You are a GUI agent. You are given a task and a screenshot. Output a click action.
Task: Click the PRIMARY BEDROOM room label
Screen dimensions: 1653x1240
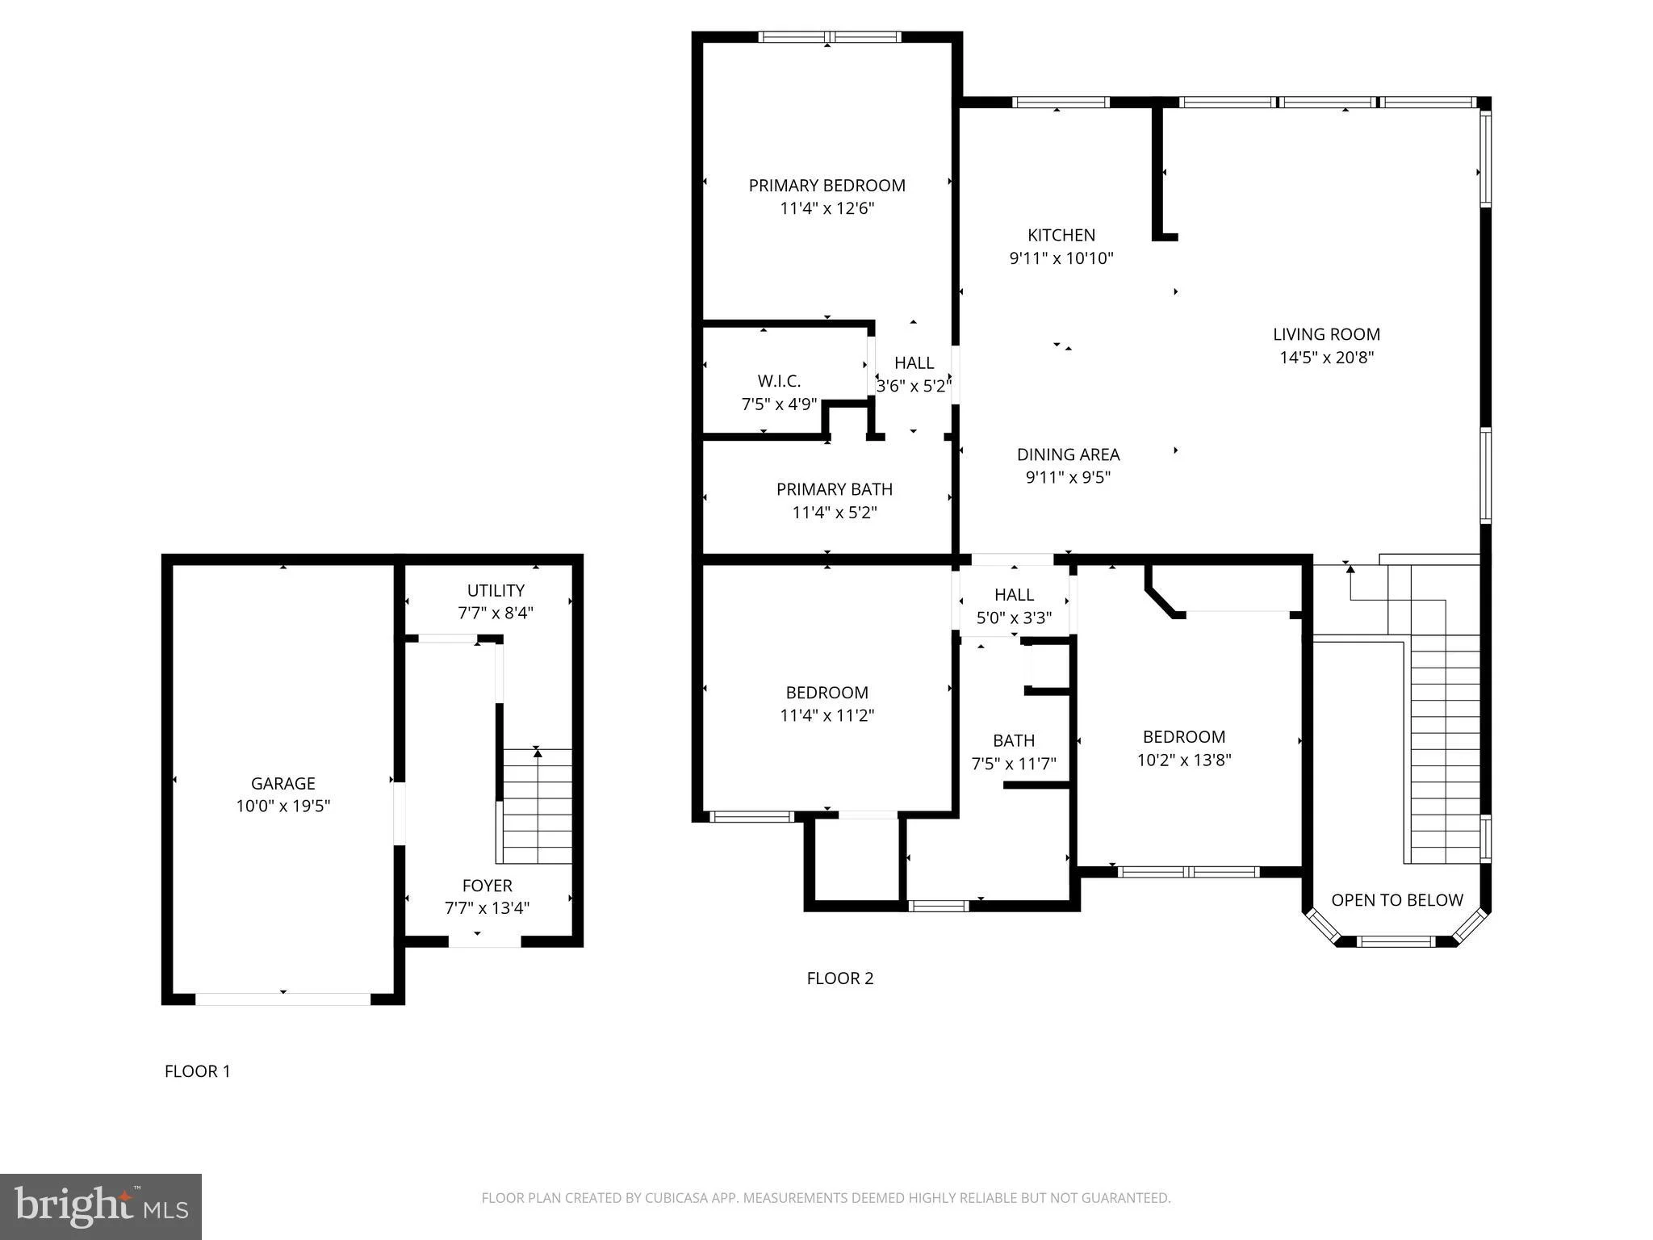[826, 186]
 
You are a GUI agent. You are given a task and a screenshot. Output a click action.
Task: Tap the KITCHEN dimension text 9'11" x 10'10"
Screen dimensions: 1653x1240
[1061, 258]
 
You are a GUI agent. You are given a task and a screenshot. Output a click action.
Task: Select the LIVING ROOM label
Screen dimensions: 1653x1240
[1326, 334]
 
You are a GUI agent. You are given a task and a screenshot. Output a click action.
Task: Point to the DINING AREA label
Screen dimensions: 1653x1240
[1068, 455]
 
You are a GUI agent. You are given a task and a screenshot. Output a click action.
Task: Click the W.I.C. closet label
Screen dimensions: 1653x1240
[779, 381]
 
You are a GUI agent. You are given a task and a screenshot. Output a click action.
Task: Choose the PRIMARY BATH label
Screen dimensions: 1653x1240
[834, 489]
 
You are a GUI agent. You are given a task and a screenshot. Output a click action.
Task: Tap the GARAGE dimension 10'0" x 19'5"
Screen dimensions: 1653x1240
[282, 806]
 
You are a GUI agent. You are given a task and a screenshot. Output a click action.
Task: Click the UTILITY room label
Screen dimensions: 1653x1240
[496, 590]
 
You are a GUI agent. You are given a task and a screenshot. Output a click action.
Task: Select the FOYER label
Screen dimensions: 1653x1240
[487, 885]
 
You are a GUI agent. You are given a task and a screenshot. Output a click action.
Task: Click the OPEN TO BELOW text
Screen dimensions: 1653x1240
[1396, 900]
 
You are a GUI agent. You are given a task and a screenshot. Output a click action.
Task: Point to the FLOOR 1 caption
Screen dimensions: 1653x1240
[197, 1071]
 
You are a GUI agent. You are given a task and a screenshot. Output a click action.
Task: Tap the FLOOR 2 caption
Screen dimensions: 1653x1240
[839, 978]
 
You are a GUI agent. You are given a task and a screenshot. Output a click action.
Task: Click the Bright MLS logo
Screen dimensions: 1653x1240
[101, 1207]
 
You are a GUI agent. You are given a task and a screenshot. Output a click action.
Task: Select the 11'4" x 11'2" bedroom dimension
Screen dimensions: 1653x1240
[826, 715]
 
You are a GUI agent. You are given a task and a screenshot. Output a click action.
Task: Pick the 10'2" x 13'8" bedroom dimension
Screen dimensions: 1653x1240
[1183, 760]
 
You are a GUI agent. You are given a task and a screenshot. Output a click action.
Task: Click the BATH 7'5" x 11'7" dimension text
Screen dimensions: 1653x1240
[1014, 764]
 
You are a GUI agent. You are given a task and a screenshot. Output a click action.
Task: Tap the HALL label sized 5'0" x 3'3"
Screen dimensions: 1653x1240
[1014, 595]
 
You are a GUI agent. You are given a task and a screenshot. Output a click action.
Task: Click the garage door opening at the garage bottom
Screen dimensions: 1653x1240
[282, 999]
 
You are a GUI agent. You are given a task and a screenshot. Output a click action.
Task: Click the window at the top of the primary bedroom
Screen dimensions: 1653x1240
[829, 36]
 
